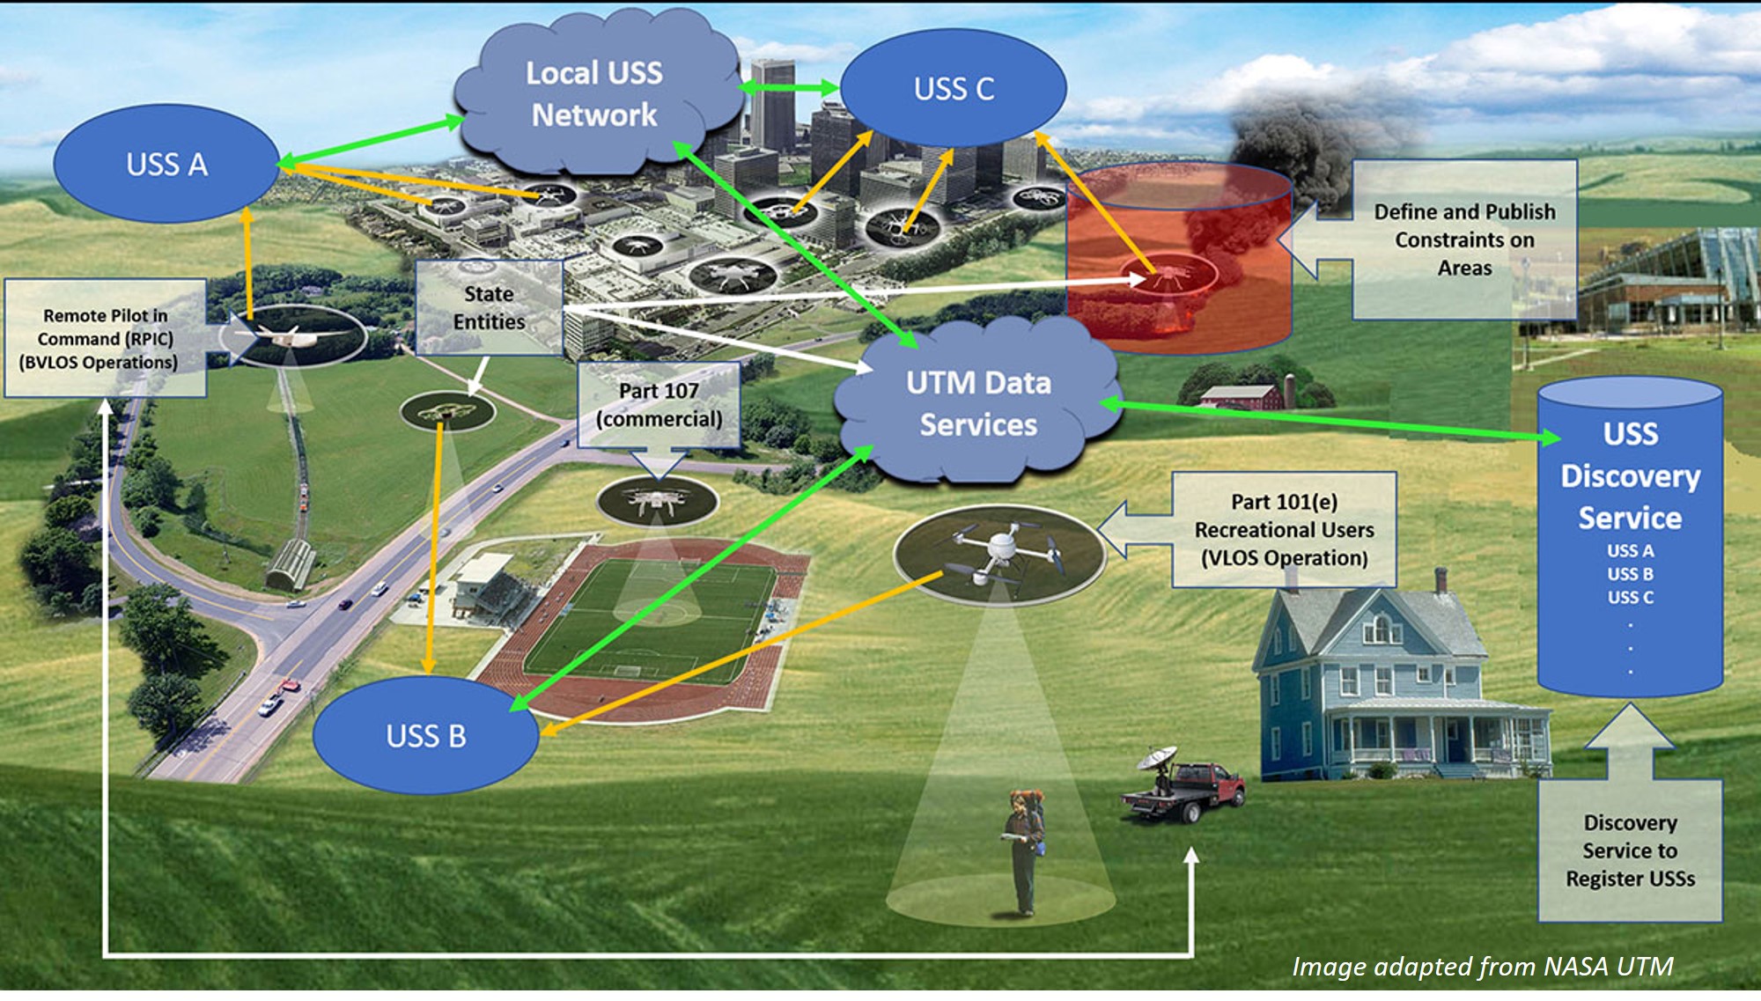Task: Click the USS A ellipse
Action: point(166,164)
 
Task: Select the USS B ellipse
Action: point(426,735)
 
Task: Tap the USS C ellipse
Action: point(954,88)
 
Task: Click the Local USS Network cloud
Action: point(594,94)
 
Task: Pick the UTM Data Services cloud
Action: point(978,403)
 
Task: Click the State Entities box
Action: point(489,308)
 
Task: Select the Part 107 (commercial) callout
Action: point(659,405)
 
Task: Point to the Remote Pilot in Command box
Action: point(106,339)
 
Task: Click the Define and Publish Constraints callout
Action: point(1464,239)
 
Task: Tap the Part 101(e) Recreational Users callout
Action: point(1284,530)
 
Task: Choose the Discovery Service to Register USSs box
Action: point(1630,850)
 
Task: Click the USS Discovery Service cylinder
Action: point(1630,537)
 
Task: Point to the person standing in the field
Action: point(1023,850)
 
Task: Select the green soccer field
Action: point(652,621)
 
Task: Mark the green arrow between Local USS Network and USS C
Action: point(789,87)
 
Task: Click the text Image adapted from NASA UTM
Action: point(1482,967)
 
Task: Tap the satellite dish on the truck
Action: point(1156,758)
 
